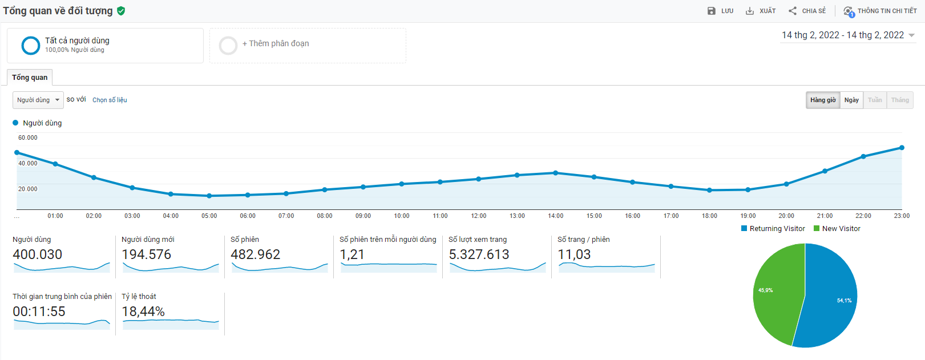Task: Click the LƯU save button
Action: (720, 11)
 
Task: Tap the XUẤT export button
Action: (761, 11)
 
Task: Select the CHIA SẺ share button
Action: (807, 11)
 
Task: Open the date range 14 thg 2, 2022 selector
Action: (847, 35)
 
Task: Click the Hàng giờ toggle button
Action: (823, 100)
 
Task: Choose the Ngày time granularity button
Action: (851, 100)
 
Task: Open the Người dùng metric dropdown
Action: (38, 100)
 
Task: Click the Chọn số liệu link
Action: (110, 100)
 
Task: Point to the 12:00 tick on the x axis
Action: (479, 216)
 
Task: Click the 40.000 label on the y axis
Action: (27, 163)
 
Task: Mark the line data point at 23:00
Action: (902, 148)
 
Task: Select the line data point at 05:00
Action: (209, 196)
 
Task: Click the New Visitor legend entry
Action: (837, 229)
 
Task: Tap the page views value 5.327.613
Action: (479, 254)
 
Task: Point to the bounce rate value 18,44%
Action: (143, 312)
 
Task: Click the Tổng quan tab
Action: (30, 78)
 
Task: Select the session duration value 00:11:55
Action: (39, 312)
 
